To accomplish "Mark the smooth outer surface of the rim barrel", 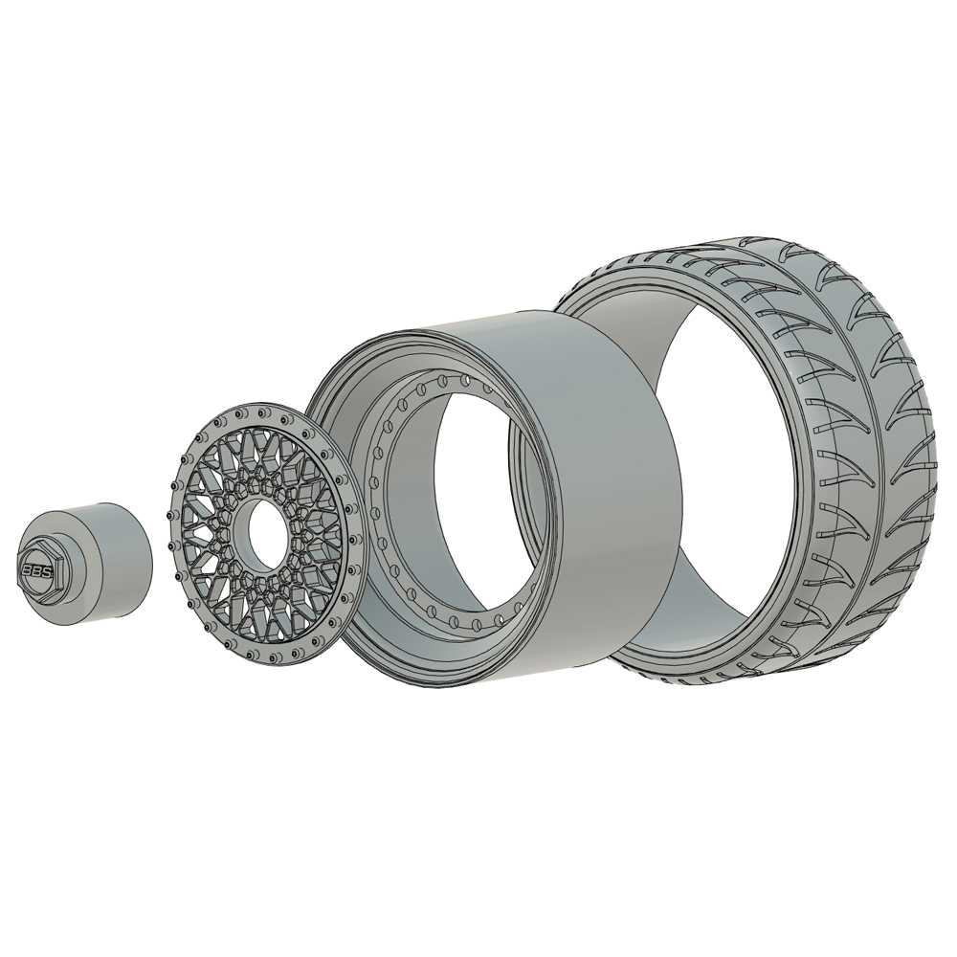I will [612, 478].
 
